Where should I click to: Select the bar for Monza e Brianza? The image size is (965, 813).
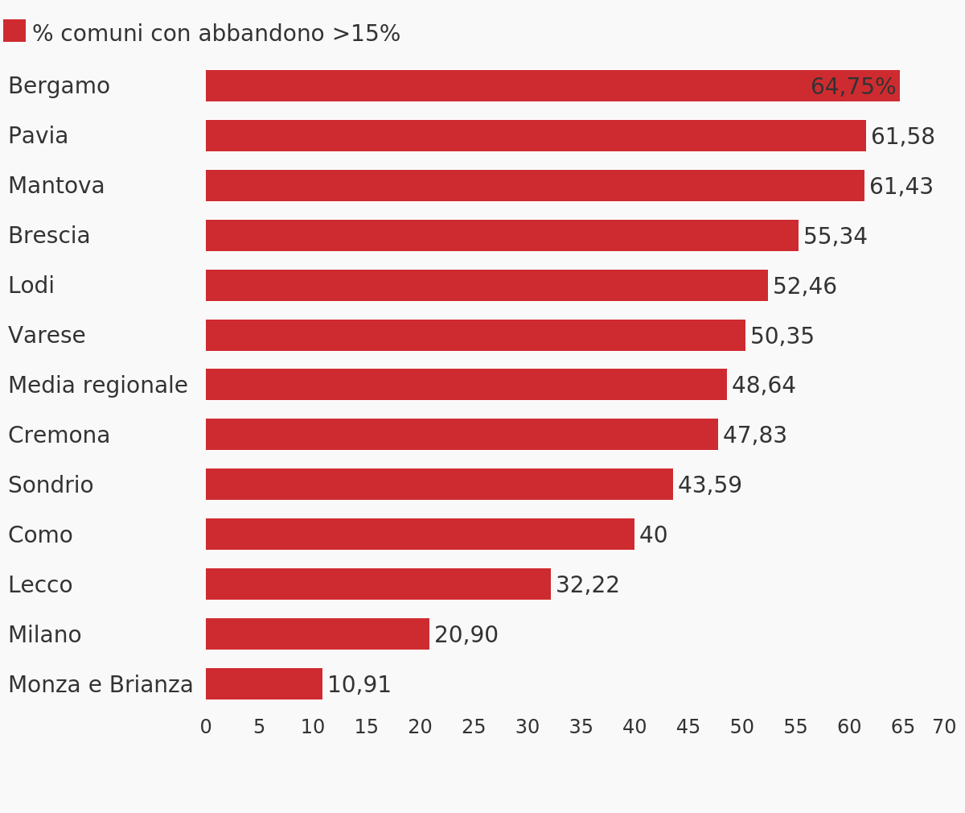(x=264, y=684)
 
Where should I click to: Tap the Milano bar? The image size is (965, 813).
(x=318, y=634)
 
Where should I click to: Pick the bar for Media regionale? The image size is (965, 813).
(x=466, y=385)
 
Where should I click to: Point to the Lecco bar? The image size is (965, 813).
(x=378, y=584)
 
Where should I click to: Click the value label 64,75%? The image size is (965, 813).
(x=852, y=87)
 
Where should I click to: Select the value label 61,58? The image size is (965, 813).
(x=902, y=137)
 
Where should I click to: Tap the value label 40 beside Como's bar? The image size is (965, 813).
(x=653, y=535)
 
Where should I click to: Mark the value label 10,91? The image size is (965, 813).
(x=359, y=685)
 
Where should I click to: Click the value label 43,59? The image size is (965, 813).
(x=709, y=485)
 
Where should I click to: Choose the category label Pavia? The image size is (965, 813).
(x=38, y=136)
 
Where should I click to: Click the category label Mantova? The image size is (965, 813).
(x=56, y=186)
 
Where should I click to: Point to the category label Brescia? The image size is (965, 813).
(x=49, y=236)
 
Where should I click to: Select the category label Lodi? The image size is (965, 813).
(x=31, y=286)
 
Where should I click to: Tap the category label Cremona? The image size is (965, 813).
(x=59, y=435)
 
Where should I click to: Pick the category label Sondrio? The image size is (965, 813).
(x=51, y=485)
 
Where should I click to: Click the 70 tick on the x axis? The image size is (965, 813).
(x=944, y=728)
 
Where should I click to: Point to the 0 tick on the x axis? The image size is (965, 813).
(x=206, y=728)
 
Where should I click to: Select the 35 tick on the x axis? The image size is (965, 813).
(x=581, y=728)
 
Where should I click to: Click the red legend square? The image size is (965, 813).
(x=14, y=31)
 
